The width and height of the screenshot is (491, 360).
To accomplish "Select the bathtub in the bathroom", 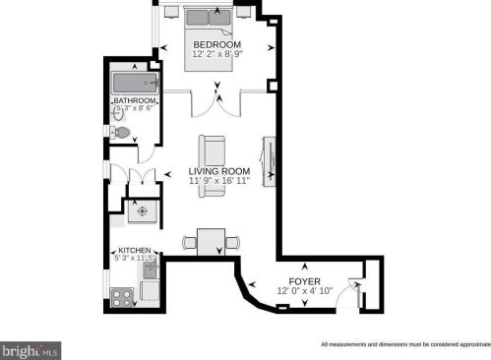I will point(133,83).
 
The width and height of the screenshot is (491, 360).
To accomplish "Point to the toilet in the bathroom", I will point(120,132).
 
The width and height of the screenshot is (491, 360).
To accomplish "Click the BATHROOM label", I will point(135,100).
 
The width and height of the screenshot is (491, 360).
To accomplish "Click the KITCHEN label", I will point(135,250).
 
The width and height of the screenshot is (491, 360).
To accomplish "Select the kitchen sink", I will point(152,270).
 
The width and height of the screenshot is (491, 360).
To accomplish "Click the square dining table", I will point(211,242).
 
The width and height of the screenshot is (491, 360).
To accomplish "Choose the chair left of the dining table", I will point(189,242).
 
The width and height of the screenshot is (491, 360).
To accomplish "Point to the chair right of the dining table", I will point(232,242).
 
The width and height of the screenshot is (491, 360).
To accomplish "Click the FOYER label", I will point(305,280).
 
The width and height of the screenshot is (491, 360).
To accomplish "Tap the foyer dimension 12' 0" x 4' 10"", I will point(305,291).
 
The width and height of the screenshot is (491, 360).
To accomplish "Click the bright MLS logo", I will point(31,349).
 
